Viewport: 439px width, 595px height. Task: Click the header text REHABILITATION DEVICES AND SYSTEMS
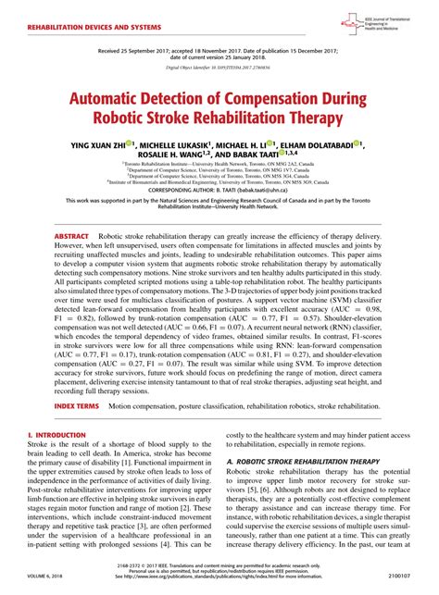click(79, 30)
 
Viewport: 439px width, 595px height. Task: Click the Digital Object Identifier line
click(219, 68)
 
